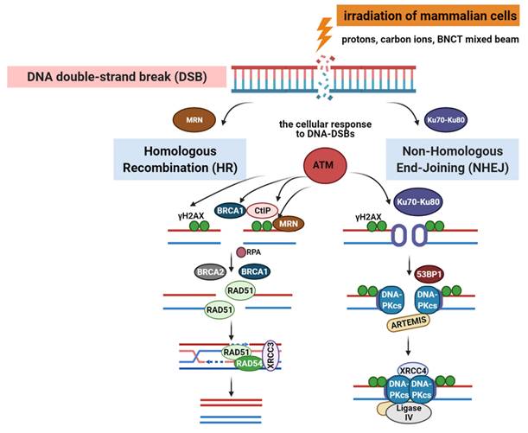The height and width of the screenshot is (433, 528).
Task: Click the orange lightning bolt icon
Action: click(324, 32)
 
